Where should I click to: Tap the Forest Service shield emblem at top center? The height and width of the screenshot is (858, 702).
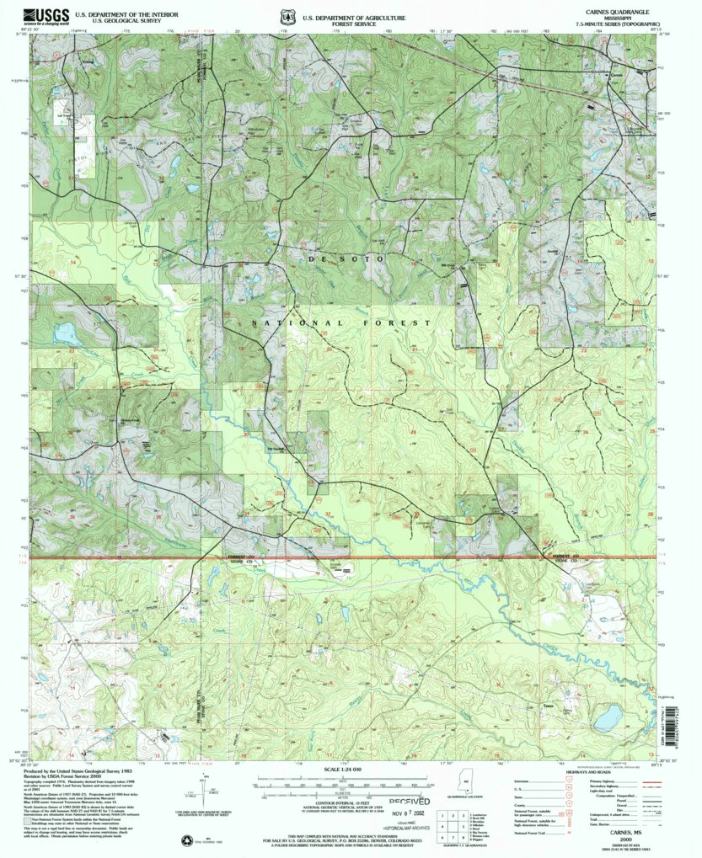click(x=288, y=16)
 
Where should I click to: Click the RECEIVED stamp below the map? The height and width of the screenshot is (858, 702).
click(x=408, y=802)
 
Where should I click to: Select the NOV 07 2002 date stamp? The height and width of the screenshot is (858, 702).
click(x=410, y=814)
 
